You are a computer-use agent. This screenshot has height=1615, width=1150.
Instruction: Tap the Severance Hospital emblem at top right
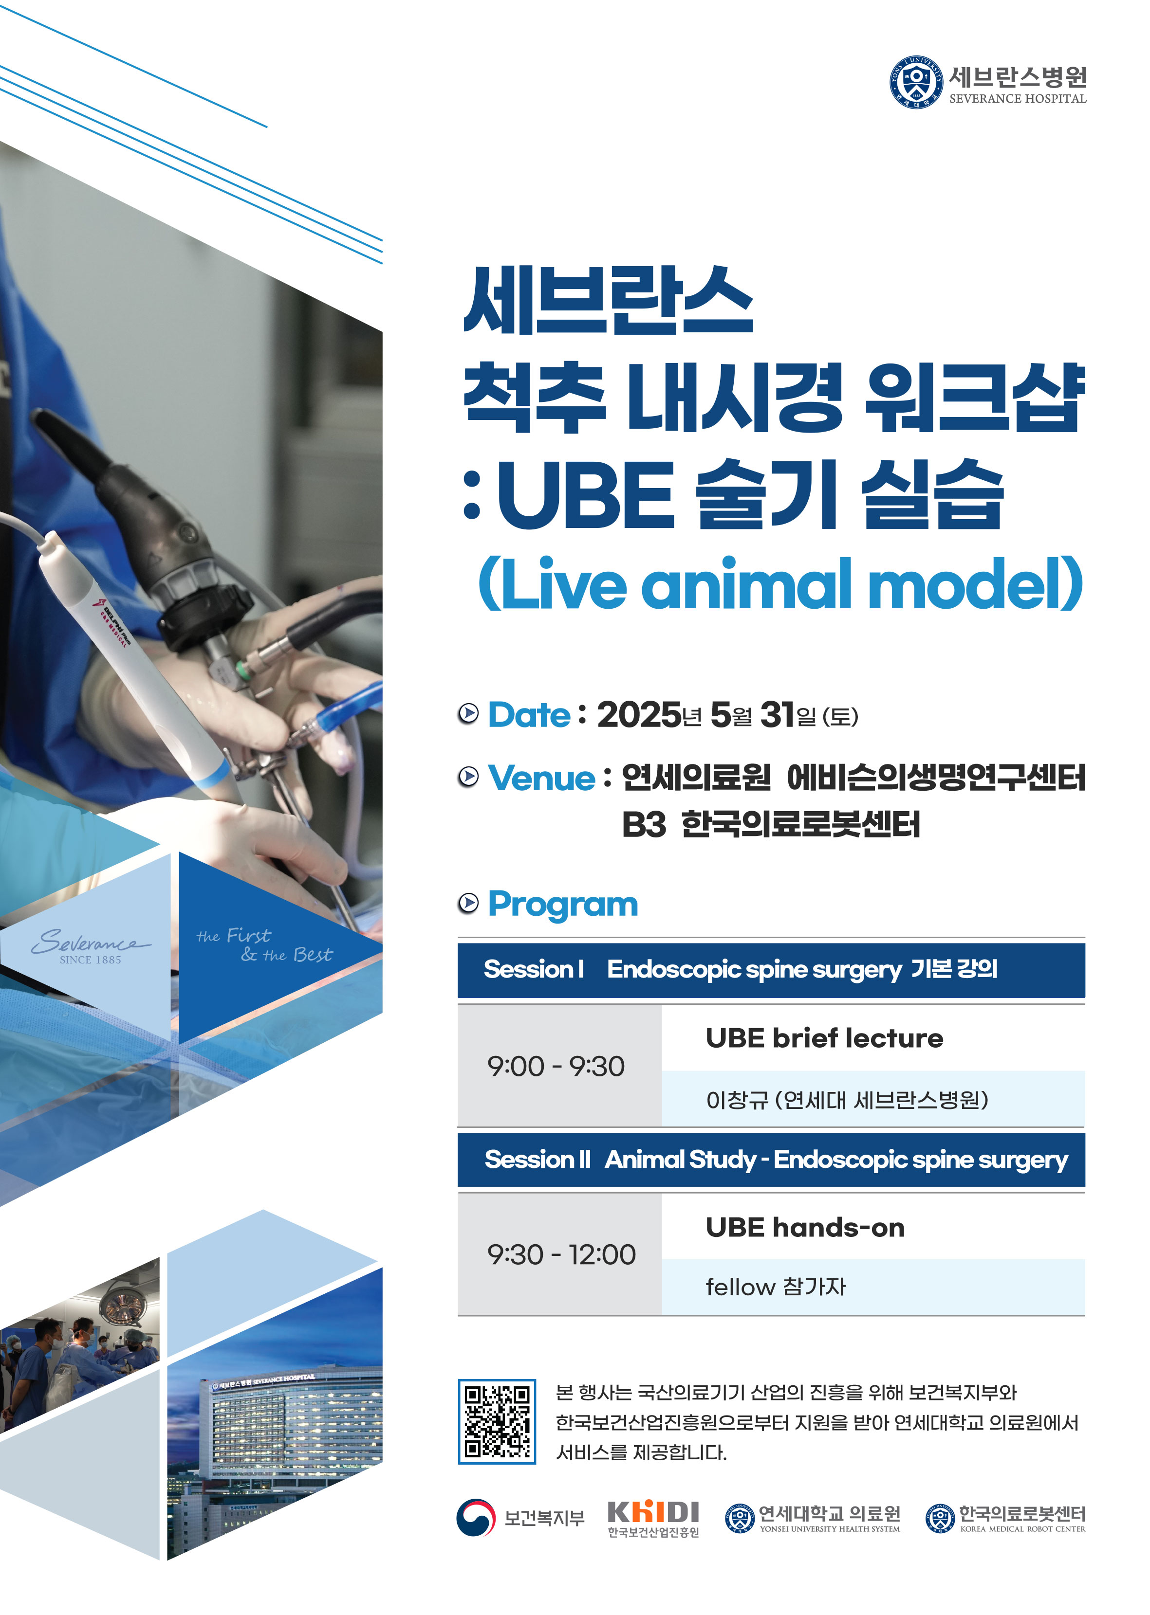pyautogui.click(x=916, y=82)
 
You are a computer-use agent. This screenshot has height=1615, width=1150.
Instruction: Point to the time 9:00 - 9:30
pyautogui.click(x=556, y=1066)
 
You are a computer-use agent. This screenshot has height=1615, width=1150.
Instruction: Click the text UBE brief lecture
pyautogui.click(x=824, y=1038)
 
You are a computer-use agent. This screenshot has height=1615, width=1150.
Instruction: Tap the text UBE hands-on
pyautogui.click(x=805, y=1227)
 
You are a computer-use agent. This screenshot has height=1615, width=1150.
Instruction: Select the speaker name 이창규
pyautogui.click(x=737, y=1099)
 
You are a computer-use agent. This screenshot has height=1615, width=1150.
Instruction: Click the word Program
pyautogui.click(x=563, y=905)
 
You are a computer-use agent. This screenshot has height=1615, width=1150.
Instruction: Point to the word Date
pyautogui.click(x=529, y=715)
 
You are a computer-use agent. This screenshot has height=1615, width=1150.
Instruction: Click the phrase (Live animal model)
pyautogui.click(x=780, y=583)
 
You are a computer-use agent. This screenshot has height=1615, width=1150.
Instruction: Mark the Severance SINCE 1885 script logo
pyautogui.click(x=90, y=945)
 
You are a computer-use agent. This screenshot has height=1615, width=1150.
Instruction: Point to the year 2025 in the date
pyautogui.click(x=639, y=715)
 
